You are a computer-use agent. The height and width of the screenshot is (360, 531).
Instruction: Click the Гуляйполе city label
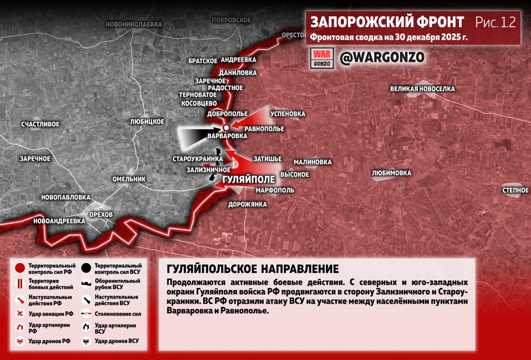tap(249, 179)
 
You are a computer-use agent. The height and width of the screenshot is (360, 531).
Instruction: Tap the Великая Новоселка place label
tap(422, 89)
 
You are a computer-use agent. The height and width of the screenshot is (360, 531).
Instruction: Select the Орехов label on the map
tap(101, 214)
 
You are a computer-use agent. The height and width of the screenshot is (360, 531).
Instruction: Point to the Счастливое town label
tap(40, 124)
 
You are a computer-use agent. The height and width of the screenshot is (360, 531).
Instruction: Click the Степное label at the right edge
tap(516, 190)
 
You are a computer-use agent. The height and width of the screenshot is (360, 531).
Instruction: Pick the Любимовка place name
tap(392, 173)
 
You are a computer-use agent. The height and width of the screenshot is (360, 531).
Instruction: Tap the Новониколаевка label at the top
tap(134, 24)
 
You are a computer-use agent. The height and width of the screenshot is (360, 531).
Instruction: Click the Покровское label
tap(231, 20)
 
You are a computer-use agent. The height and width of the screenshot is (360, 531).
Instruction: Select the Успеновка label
tap(287, 114)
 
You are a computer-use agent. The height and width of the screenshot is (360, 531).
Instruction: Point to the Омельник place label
tap(129, 179)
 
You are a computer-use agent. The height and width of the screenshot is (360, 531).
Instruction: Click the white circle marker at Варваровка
tap(226, 127)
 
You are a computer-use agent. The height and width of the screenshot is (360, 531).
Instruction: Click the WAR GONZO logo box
tap(322, 58)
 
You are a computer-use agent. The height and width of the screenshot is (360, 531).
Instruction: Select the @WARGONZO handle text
tap(382, 58)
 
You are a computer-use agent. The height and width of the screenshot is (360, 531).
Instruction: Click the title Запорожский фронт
tap(387, 22)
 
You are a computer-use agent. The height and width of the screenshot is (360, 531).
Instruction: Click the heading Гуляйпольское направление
tap(252, 269)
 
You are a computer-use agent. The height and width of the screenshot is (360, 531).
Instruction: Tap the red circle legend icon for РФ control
tap(19, 268)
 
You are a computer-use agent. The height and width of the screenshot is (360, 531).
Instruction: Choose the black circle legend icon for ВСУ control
tap(87, 268)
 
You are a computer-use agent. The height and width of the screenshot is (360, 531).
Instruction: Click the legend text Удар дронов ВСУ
tap(117, 341)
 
